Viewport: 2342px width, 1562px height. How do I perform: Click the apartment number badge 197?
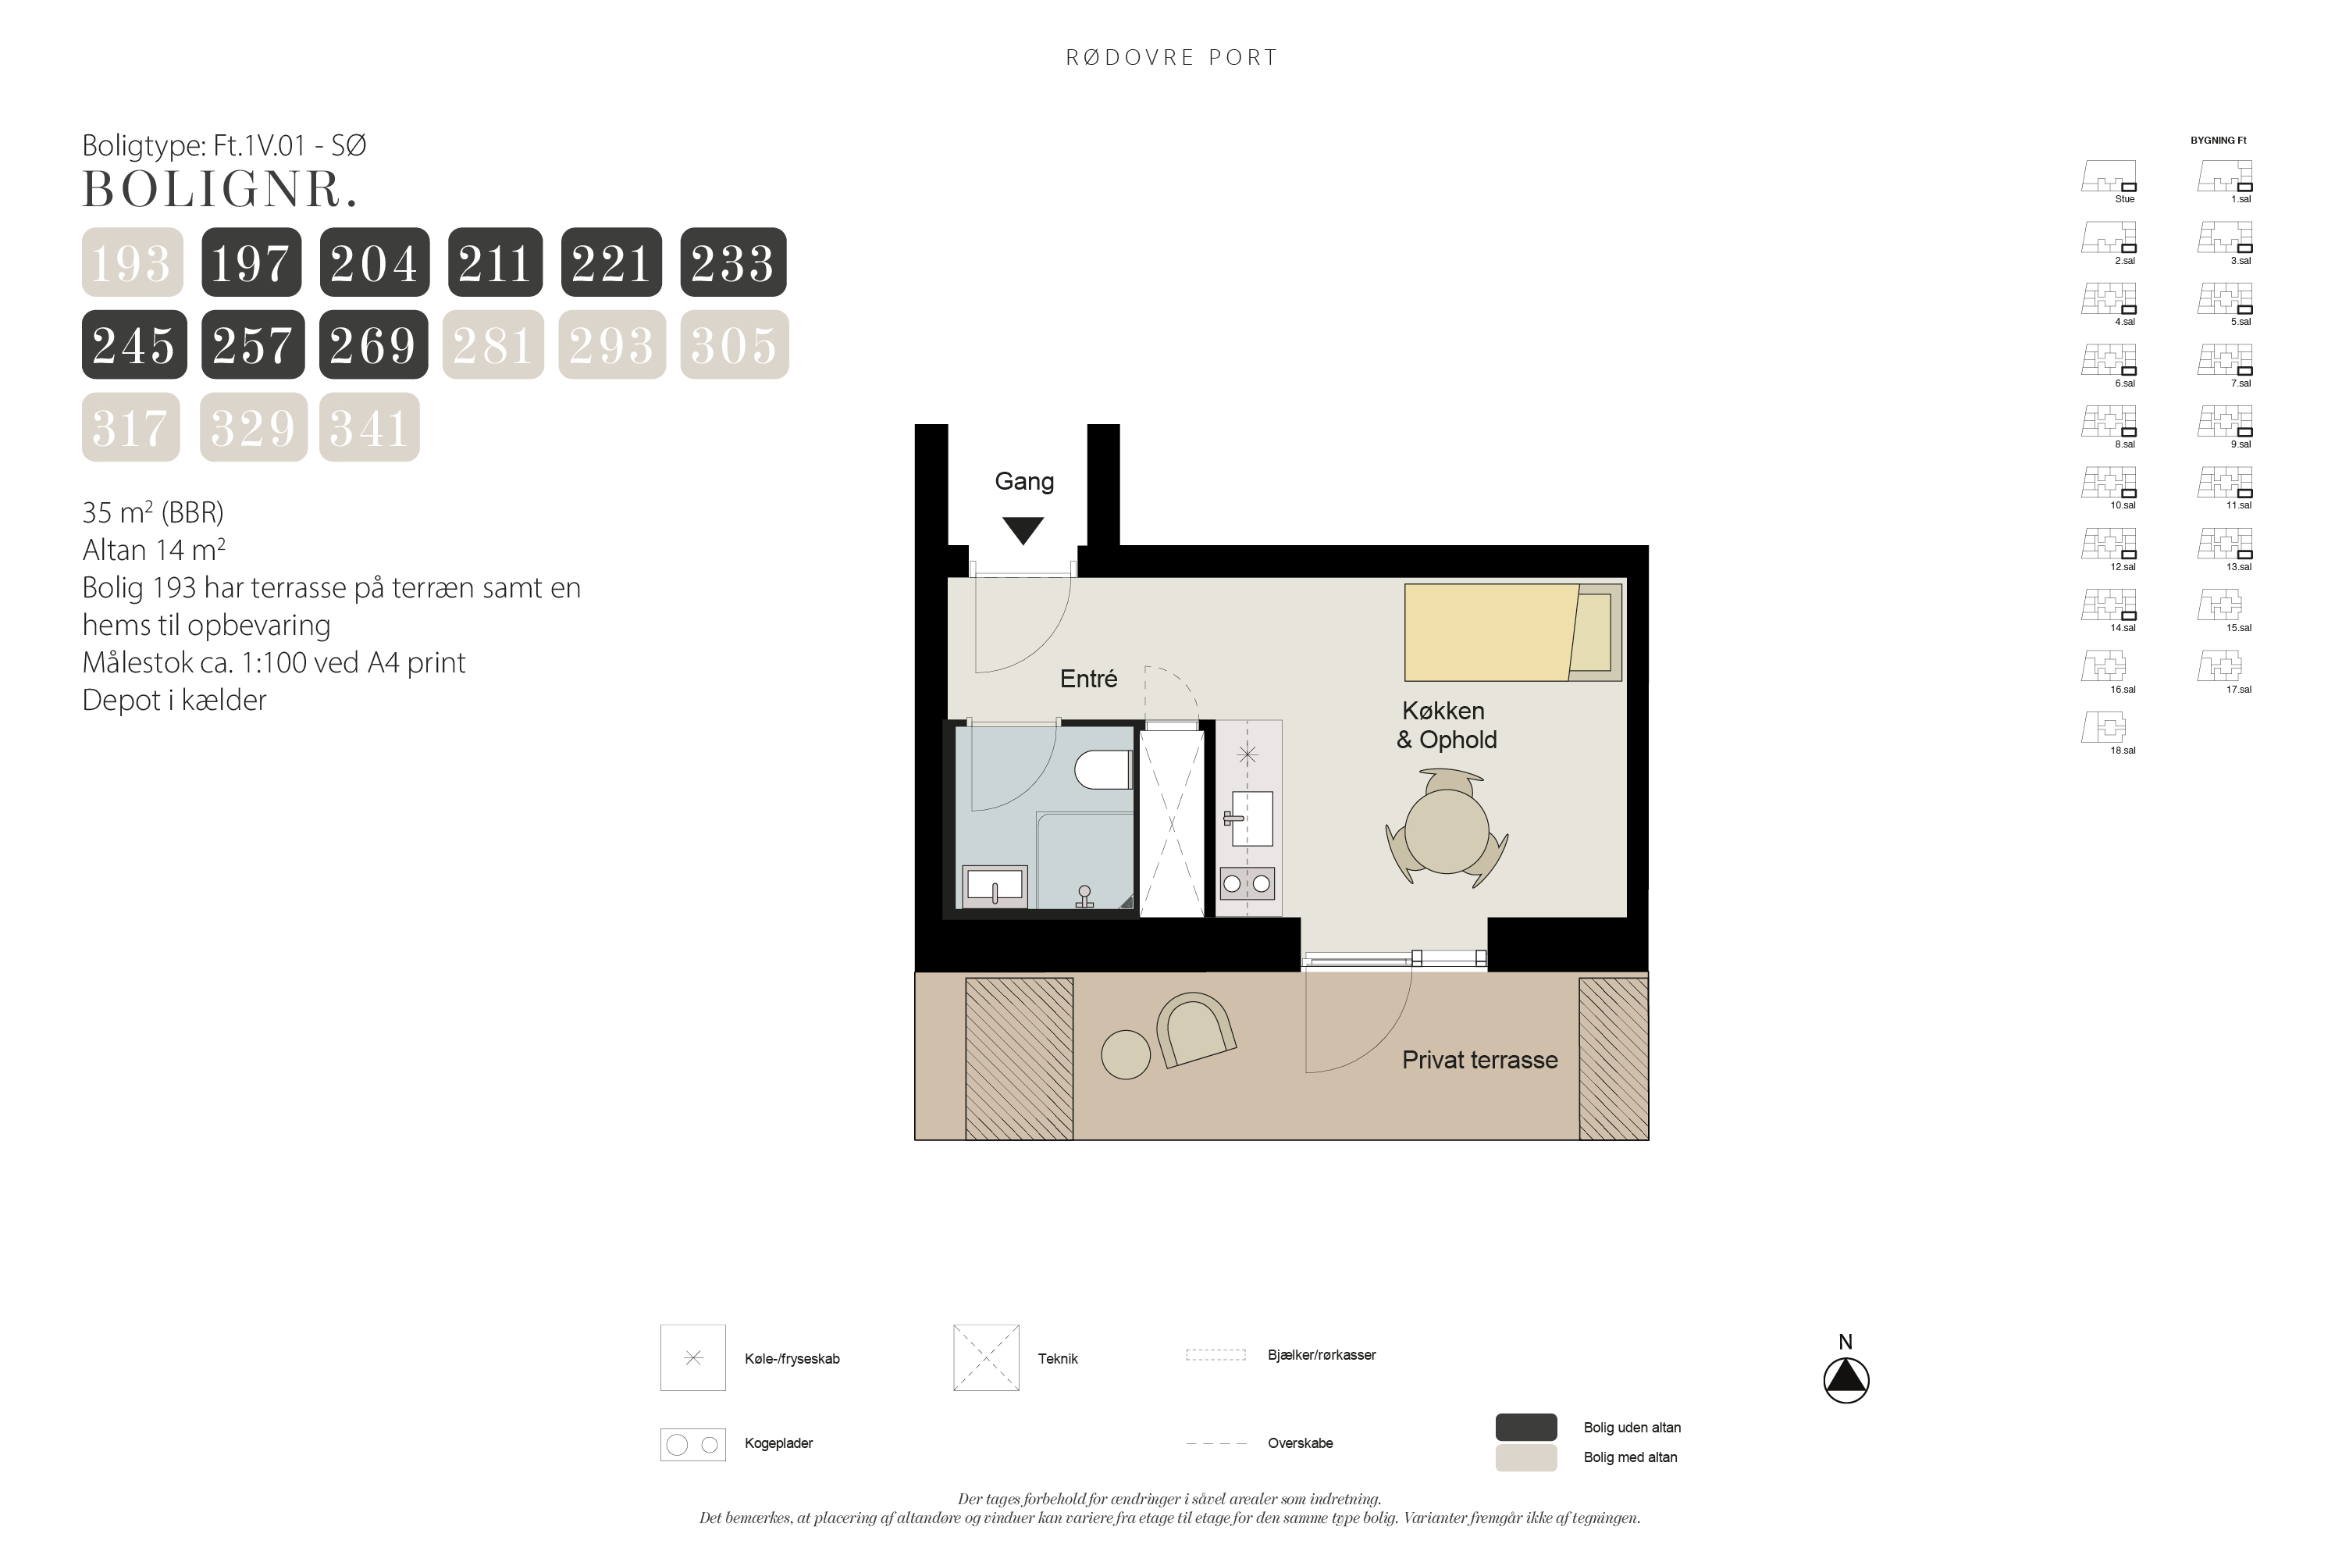(x=251, y=262)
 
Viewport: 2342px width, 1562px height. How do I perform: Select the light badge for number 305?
(x=734, y=344)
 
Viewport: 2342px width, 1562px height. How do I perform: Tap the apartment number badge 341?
(x=369, y=427)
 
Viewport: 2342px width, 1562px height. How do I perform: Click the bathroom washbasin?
(x=995, y=886)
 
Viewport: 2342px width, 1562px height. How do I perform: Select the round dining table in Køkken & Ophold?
(x=1446, y=829)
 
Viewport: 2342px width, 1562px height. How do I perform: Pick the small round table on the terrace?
(x=1125, y=1054)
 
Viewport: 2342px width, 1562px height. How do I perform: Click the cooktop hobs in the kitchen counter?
(x=1247, y=883)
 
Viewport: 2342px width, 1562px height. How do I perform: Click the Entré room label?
(x=1088, y=679)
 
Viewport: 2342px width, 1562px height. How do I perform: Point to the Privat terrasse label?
(x=1479, y=1060)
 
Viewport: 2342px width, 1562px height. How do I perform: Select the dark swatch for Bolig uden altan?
(x=1525, y=1427)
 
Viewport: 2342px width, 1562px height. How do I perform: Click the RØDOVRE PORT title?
(x=1171, y=58)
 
